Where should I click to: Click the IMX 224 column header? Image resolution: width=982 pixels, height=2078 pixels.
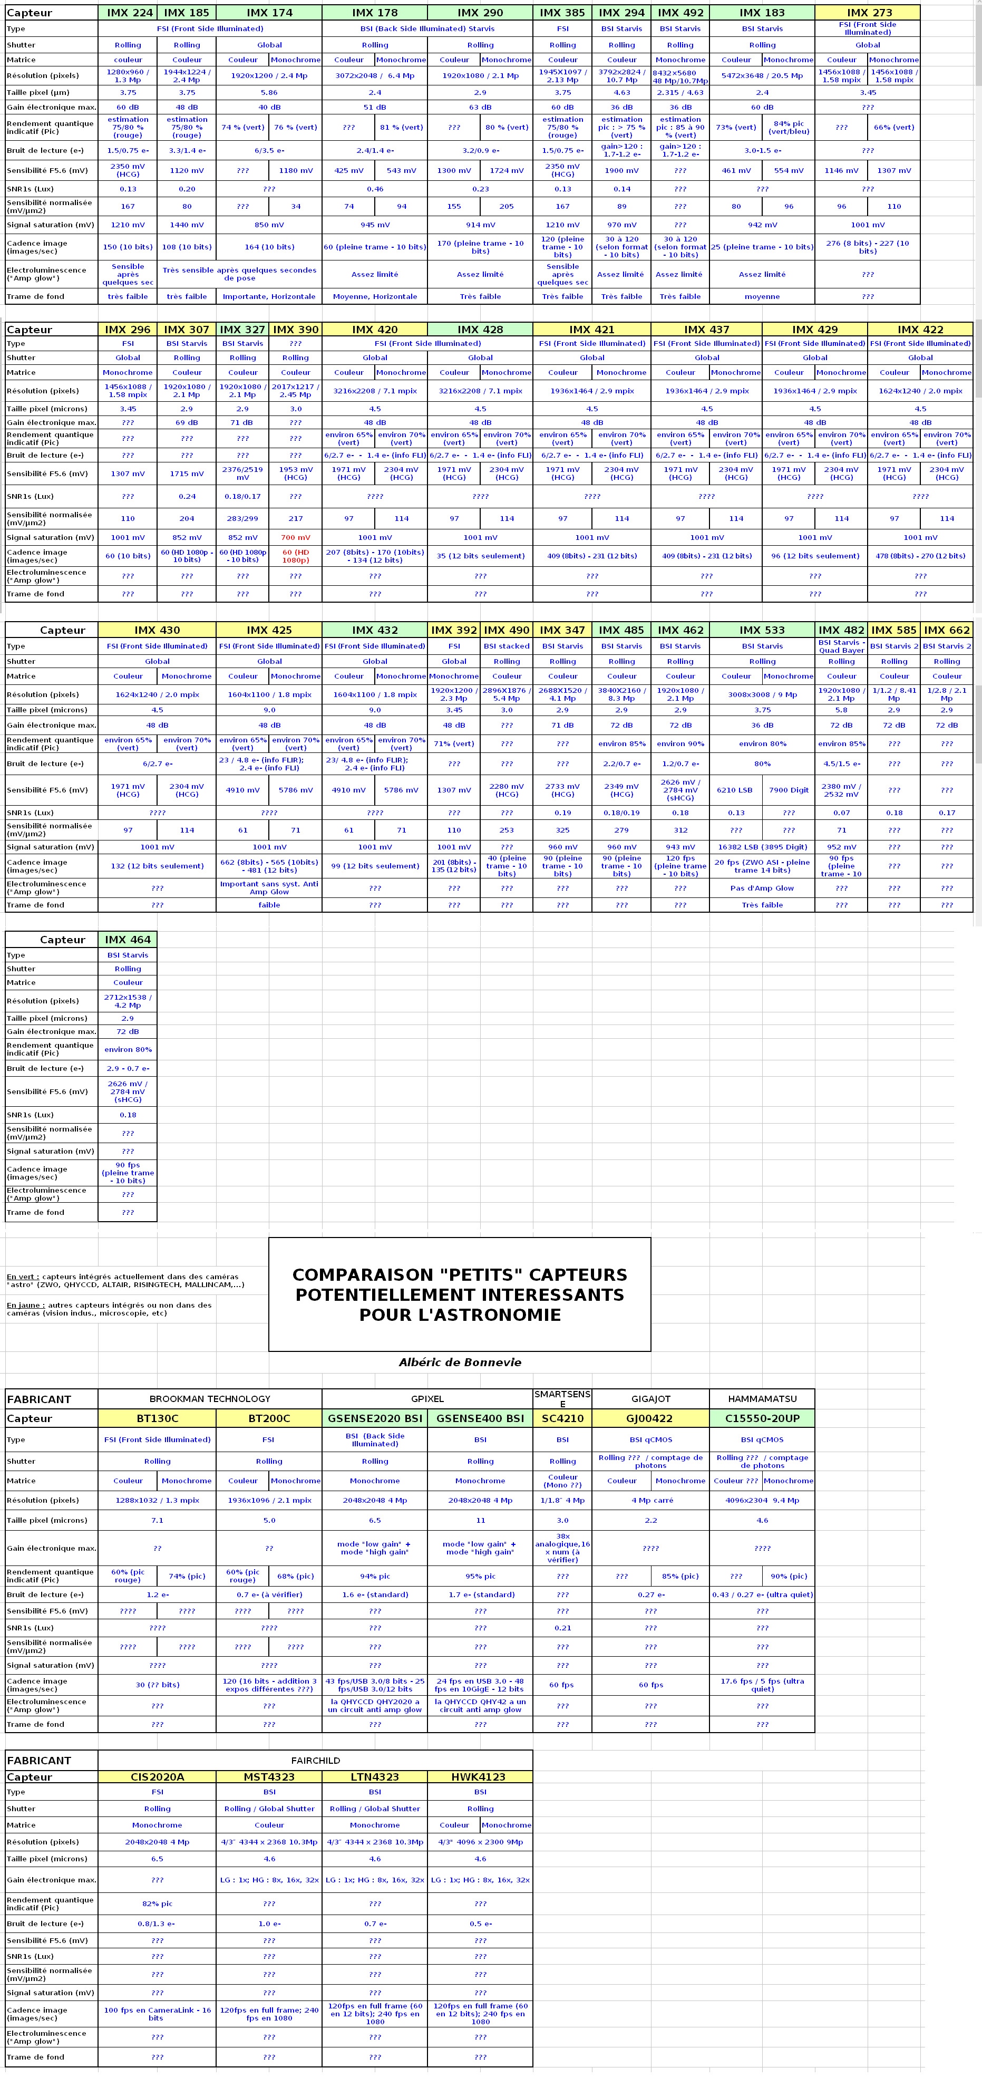click(128, 13)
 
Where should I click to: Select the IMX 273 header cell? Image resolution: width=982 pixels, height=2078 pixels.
click(868, 13)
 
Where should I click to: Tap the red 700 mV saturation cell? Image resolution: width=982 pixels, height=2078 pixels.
click(295, 537)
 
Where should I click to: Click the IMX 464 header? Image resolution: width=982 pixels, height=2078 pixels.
click(128, 940)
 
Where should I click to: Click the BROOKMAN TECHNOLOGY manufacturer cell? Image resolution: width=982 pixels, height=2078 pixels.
click(210, 1399)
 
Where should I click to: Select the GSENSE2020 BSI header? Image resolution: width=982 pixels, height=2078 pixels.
click(374, 1418)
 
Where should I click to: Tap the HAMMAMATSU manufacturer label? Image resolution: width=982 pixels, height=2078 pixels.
click(762, 1399)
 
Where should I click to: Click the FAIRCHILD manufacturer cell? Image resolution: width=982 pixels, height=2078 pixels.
click(315, 1760)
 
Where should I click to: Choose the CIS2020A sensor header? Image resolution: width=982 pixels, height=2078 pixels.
click(157, 1777)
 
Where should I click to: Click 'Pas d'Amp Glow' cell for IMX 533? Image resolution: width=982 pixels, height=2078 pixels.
click(762, 888)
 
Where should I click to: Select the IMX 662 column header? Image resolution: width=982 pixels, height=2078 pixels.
click(947, 630)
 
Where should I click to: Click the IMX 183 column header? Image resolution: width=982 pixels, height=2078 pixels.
click(762, 13)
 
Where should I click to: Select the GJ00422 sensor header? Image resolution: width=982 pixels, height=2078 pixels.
click(650, 1418)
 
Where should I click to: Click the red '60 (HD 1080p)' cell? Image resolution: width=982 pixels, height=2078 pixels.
click(295, 556)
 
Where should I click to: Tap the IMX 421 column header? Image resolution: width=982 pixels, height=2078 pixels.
click(592, 329)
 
